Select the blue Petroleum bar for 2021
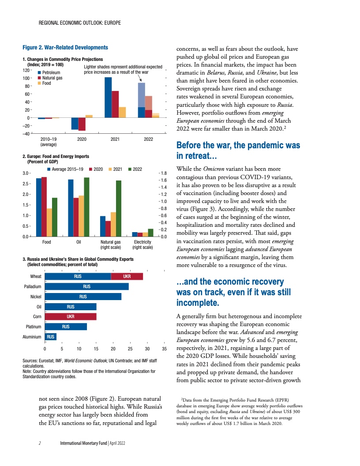click(x=108, y=97)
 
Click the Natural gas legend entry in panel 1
click(x=52, y=78)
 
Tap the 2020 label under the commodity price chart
click(x=82, y=139)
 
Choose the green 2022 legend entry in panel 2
click(x=135, y=169)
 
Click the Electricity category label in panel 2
click(x=142, y=242)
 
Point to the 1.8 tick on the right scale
click(x=163, y=173)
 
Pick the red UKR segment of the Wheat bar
click(x=127, y=276)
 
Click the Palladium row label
click(x=32, y=286)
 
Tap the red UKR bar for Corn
click(x=71, y=316)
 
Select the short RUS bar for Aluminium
click(x=51, y=337)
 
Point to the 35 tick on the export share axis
click(x=164, y=348)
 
